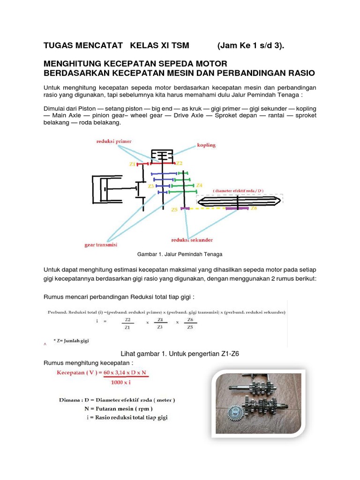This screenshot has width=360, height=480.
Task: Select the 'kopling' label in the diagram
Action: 206,145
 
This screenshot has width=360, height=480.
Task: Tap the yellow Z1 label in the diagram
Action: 132,164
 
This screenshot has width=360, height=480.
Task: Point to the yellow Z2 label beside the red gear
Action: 179,163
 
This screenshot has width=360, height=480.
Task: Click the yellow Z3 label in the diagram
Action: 151,186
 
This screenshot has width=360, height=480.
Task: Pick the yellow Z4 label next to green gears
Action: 199,185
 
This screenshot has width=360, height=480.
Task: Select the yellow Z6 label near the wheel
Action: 254,208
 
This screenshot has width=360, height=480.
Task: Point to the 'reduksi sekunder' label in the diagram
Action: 192,240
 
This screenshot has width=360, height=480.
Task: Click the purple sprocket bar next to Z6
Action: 237,208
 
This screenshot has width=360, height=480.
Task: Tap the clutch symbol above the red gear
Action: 161,155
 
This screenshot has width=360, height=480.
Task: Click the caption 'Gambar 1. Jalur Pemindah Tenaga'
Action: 179,254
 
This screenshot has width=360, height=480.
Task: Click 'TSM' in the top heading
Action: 179,45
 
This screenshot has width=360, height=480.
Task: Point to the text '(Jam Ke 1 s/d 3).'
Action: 251,45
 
